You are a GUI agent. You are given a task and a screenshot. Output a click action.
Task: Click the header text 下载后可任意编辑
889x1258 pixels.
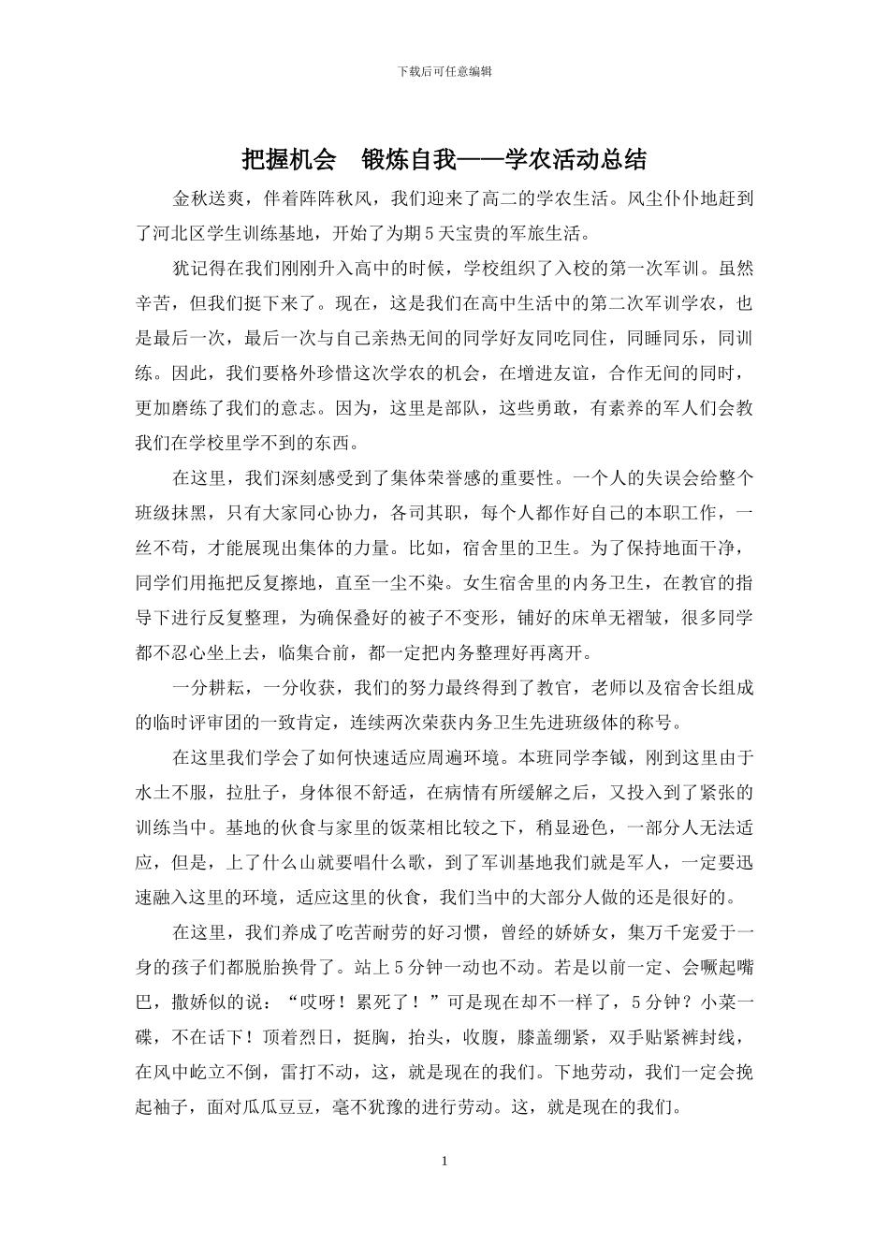click(444, 71)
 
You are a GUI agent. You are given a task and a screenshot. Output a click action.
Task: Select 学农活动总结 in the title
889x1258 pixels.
click(576, 159)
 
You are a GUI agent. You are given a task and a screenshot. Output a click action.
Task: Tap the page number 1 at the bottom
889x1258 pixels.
click(444, 1162)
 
